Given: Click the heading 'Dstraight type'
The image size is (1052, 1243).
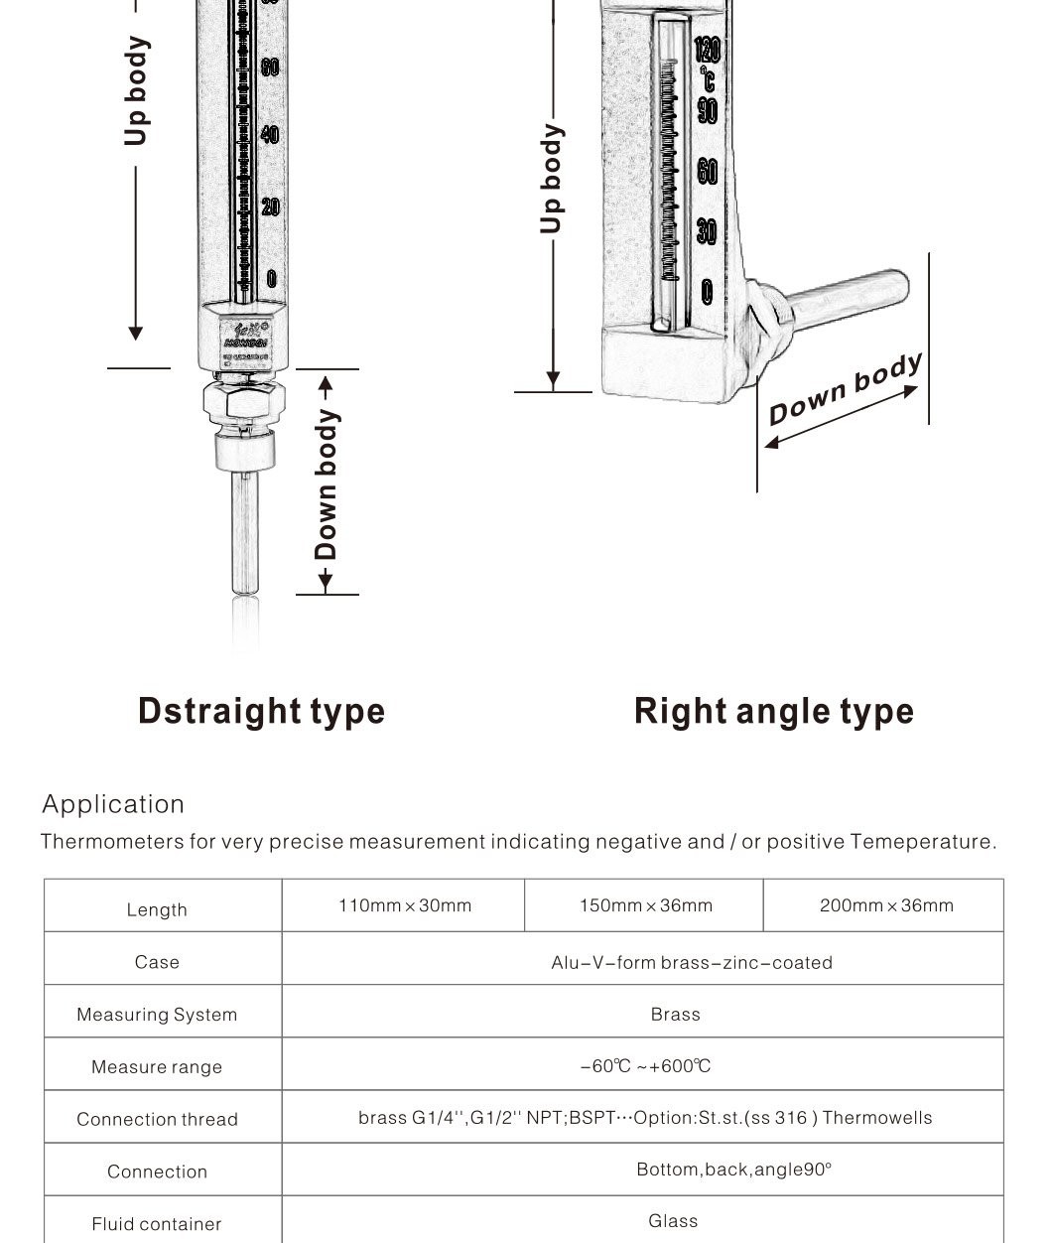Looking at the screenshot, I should [x=261, y=711].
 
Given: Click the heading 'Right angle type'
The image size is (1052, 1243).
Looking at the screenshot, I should [x=773, y=711].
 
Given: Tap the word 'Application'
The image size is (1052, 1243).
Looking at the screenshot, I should [x=113, y=804].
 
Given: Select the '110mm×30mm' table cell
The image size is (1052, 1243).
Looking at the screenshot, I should [x=405, y=905].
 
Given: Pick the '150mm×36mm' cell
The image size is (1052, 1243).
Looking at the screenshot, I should [x=645, y=905].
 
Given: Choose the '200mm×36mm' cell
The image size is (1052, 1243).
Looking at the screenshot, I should [x=885, y=905].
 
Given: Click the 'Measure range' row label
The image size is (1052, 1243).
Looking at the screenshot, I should [x=157, y=1067].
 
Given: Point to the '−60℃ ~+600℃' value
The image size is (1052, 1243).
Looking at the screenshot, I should [x=645, y=1066].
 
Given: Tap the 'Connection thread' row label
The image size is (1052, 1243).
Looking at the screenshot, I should [x=157, y=1120].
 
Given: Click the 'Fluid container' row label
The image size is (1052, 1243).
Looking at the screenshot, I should [x=157, y=1224].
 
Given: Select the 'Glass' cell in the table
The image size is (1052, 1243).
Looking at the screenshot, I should [x=673, y=1221].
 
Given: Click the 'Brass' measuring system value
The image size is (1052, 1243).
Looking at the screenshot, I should [x=675, y=1015].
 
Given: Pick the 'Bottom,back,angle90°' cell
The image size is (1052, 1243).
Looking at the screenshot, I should [x=733, y=1170].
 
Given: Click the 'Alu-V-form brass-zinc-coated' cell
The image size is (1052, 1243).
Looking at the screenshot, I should [x=692, y=962].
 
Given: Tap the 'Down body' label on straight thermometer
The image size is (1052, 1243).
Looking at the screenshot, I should [x=327, y=484].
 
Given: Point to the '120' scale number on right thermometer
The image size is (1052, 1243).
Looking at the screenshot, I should [x=707, y=50].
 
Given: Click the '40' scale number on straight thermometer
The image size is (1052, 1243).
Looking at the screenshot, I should [x=270, y=134].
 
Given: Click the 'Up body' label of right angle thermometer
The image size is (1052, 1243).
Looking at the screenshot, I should [x=552, y=179].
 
